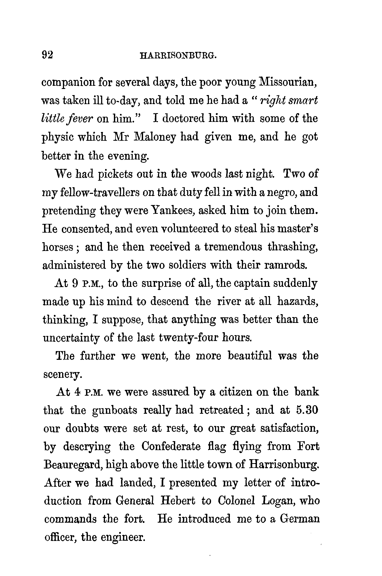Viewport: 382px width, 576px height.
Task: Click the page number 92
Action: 48,55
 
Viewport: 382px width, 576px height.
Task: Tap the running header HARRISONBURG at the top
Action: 178,56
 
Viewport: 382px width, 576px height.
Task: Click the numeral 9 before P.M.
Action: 75,284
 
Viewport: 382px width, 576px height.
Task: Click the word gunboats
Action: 115,410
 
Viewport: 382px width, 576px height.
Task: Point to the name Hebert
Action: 178,501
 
